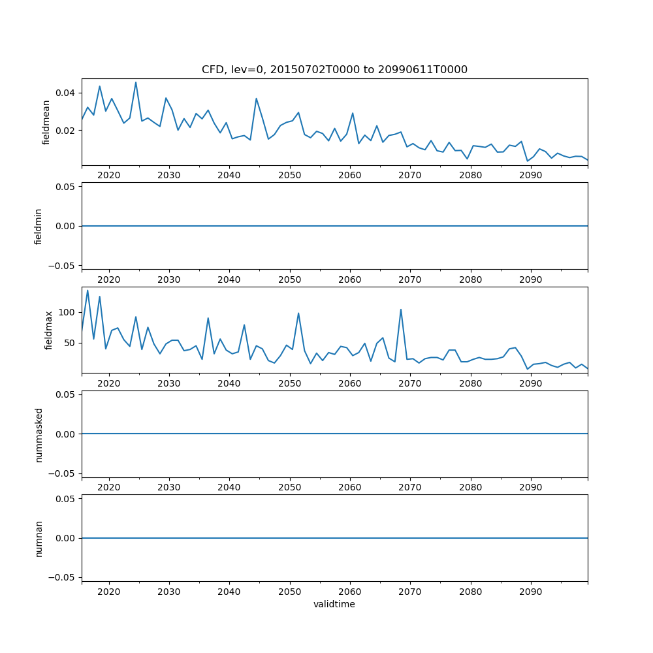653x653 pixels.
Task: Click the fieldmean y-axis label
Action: point(46,122)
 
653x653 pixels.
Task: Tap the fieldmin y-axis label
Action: point(38,226)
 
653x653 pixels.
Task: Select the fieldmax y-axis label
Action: point(48,330)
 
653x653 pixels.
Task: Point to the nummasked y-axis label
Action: point(38,434)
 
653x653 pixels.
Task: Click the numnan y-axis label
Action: point(38,538)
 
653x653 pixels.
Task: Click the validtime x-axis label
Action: point(334,605)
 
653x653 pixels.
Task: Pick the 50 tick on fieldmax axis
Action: point(70,343)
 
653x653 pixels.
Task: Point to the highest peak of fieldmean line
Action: point(136,82)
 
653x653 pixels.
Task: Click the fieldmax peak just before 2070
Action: point(401,310)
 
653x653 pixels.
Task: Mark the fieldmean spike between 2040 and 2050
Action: point(256,99)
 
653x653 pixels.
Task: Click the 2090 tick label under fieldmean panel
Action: point(530,176)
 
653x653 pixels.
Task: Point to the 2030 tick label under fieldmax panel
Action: point(169,384)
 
